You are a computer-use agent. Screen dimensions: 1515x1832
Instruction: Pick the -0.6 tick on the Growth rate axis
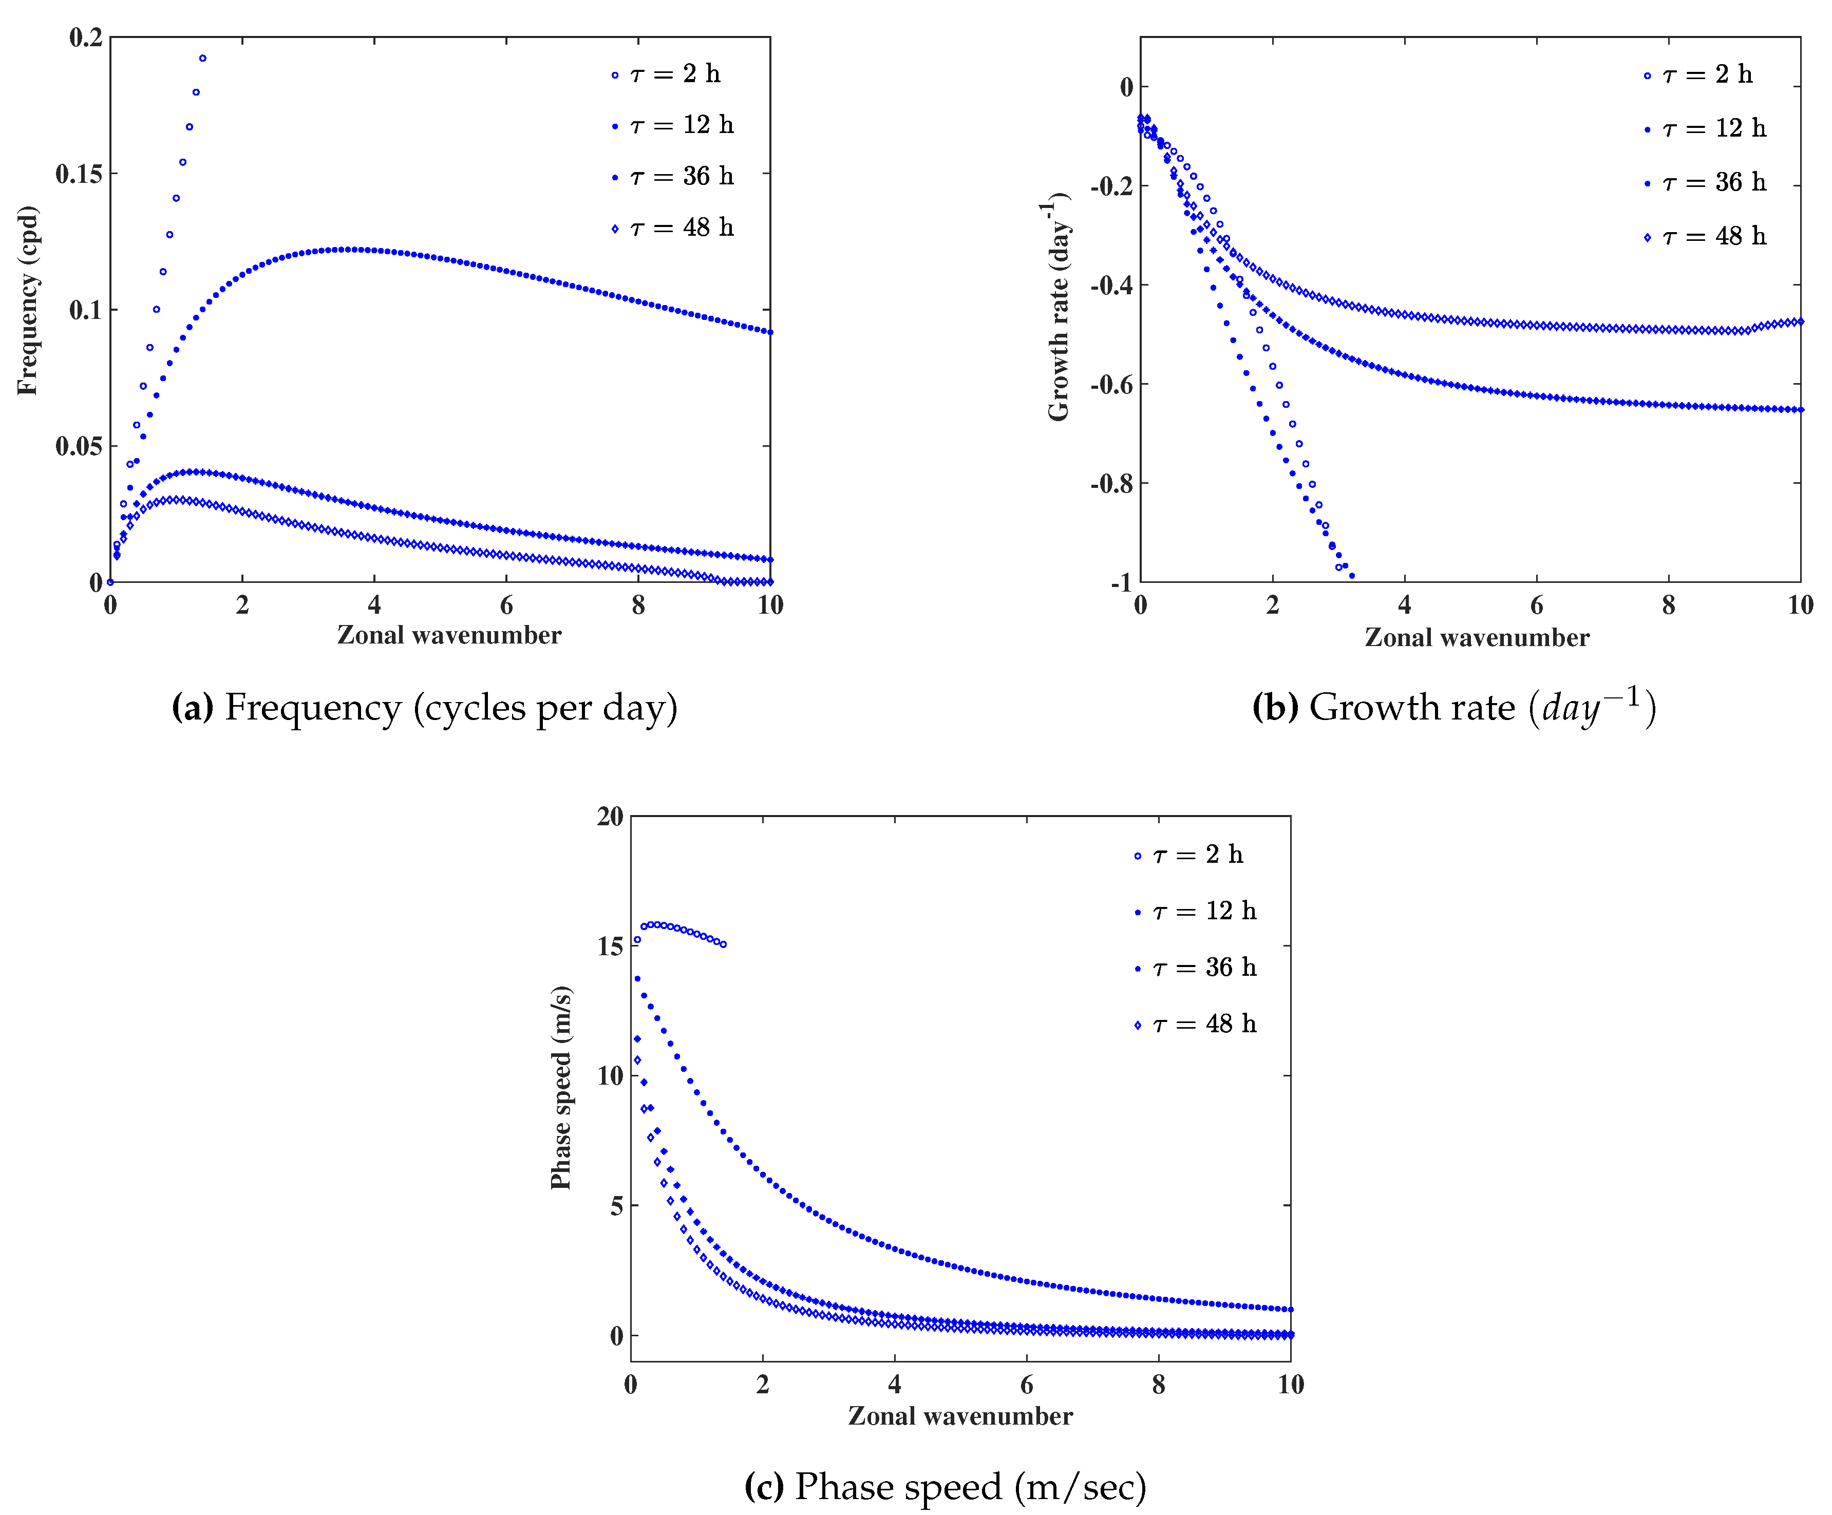1112,385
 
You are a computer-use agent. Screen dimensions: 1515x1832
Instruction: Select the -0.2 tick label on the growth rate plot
1112,186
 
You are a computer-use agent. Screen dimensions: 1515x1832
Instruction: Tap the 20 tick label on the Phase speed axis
611,817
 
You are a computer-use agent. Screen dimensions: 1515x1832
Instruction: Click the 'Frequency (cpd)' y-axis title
28,301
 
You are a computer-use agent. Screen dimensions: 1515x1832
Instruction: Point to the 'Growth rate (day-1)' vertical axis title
1058,307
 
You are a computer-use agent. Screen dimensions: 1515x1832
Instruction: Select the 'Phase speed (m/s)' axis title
561,1088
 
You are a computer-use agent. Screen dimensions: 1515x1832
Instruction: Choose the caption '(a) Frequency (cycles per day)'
425,707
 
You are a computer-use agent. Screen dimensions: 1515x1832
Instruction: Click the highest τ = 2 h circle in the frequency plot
202,59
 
